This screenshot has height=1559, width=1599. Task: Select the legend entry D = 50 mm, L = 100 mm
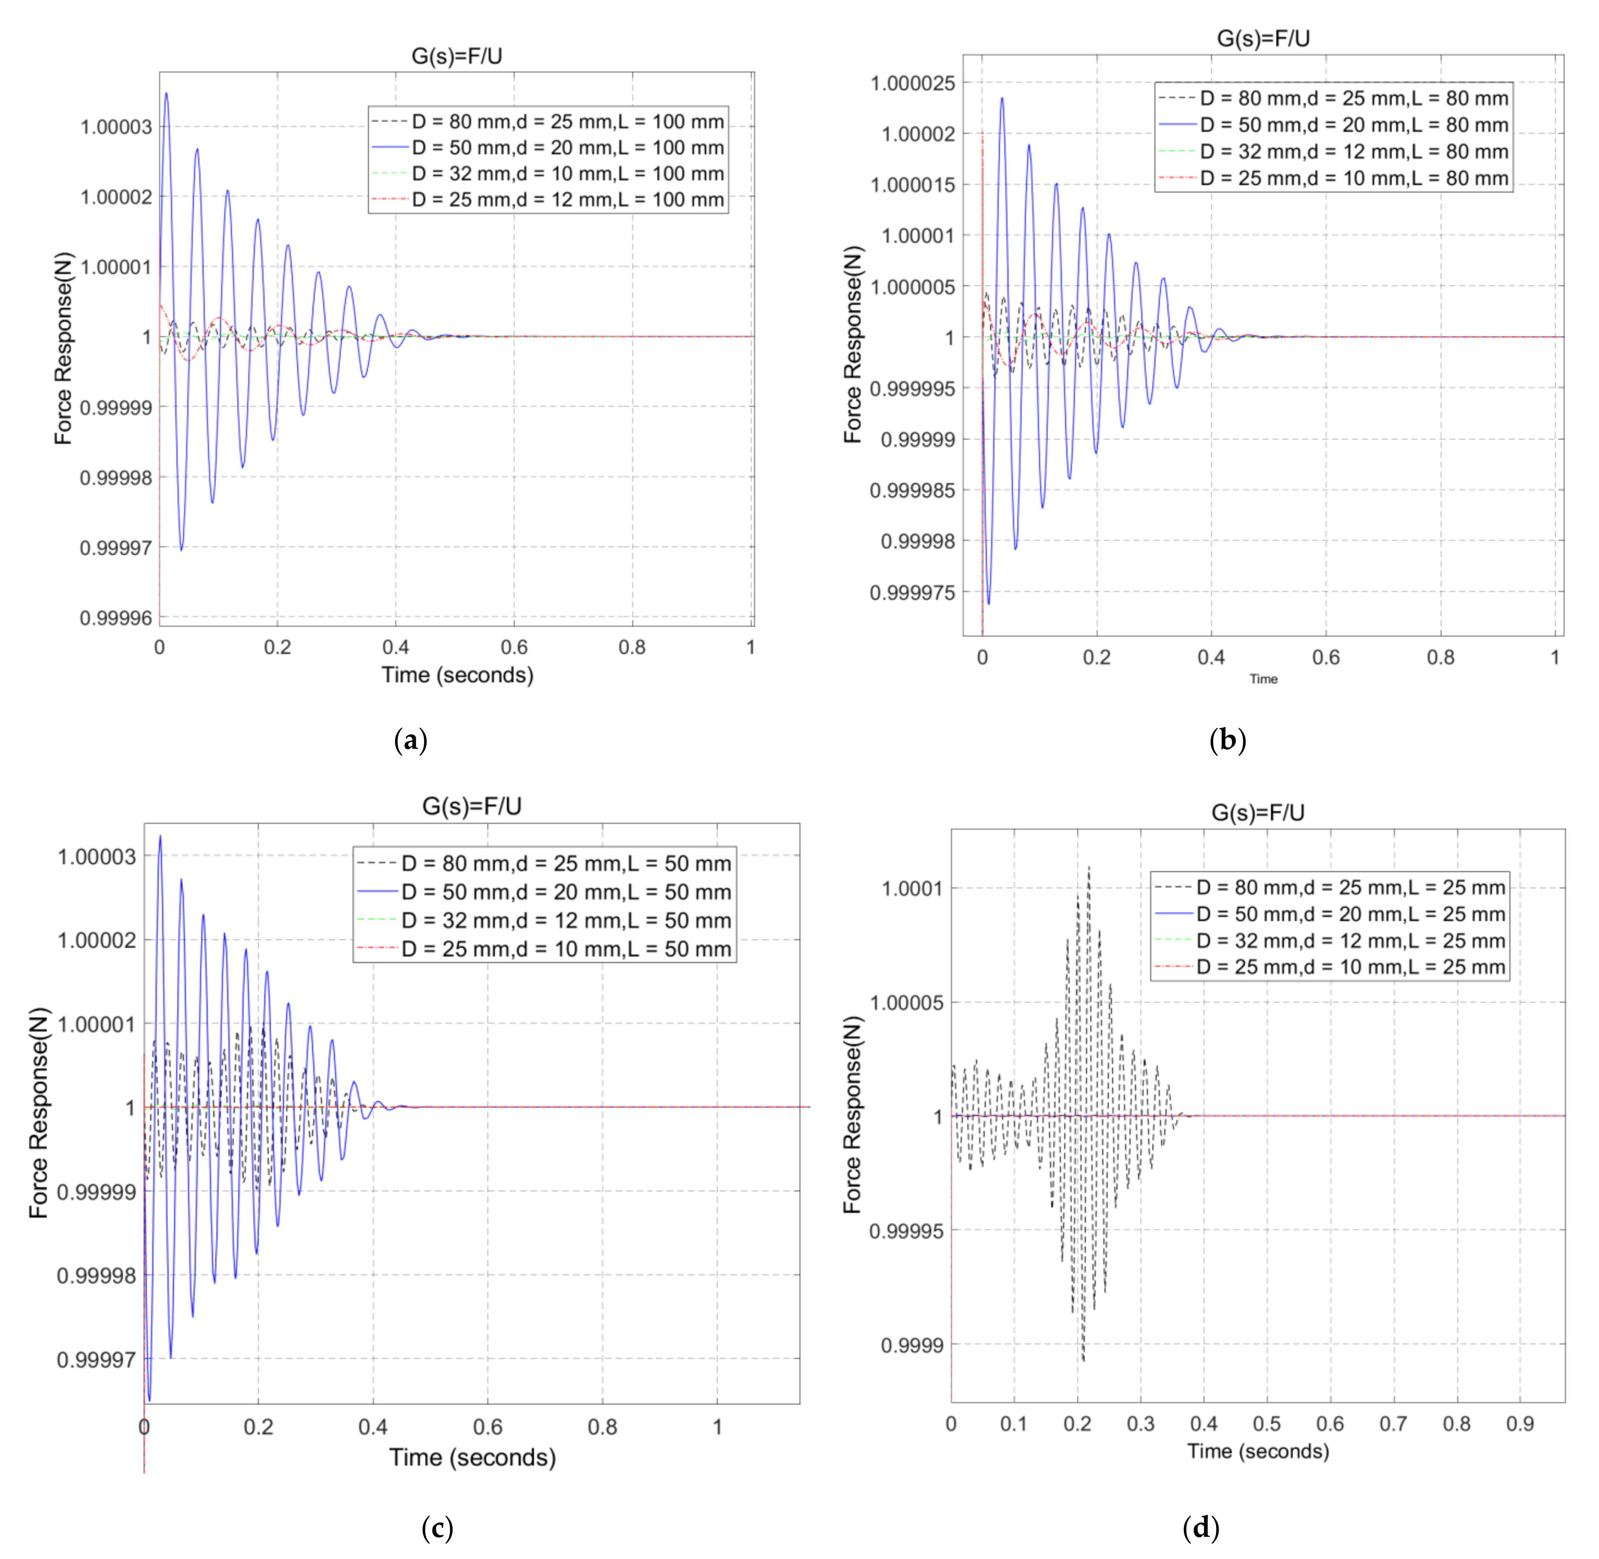pyautogui.click(x=567, y=148)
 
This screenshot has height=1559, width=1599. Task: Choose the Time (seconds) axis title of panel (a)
pyautogui.click(x=457, y=675)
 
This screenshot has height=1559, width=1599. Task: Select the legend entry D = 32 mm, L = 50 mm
pyautogui.click(x=566, y=920)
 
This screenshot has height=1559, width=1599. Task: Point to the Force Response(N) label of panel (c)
pyautogui.click(x=38, y=1112)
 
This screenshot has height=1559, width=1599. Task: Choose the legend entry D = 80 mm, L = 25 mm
pyautogui.click(x=1350, y=888)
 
